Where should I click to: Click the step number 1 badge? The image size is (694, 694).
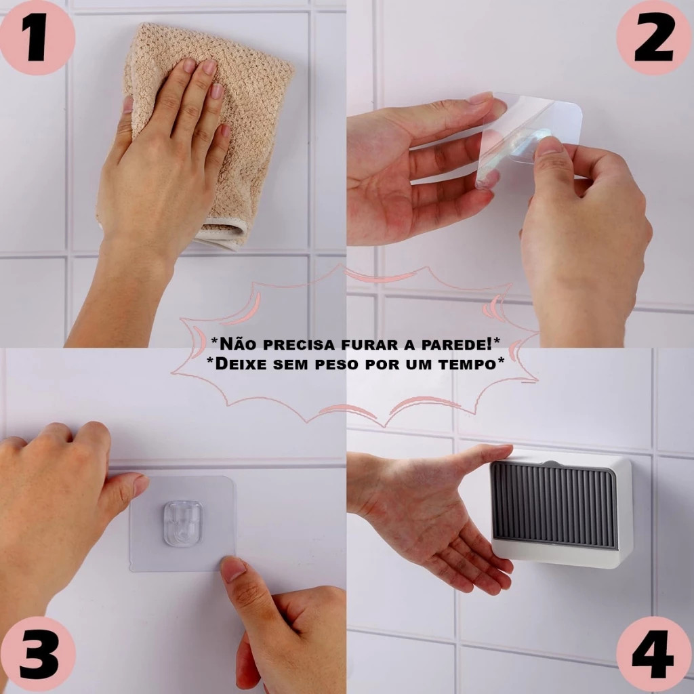click(x=37, y=37)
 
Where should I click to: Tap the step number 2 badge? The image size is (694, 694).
click(x=655, y=37)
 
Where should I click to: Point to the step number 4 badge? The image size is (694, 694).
click(x=655, y=656)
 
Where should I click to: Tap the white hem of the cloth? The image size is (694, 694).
click(x=222, y=234)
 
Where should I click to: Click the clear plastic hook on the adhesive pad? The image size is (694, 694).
click(x=182, y=523)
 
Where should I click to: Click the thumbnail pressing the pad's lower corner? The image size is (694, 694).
click(x=233, y=569)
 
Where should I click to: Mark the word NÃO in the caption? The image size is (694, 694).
click(x=238, y=344)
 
